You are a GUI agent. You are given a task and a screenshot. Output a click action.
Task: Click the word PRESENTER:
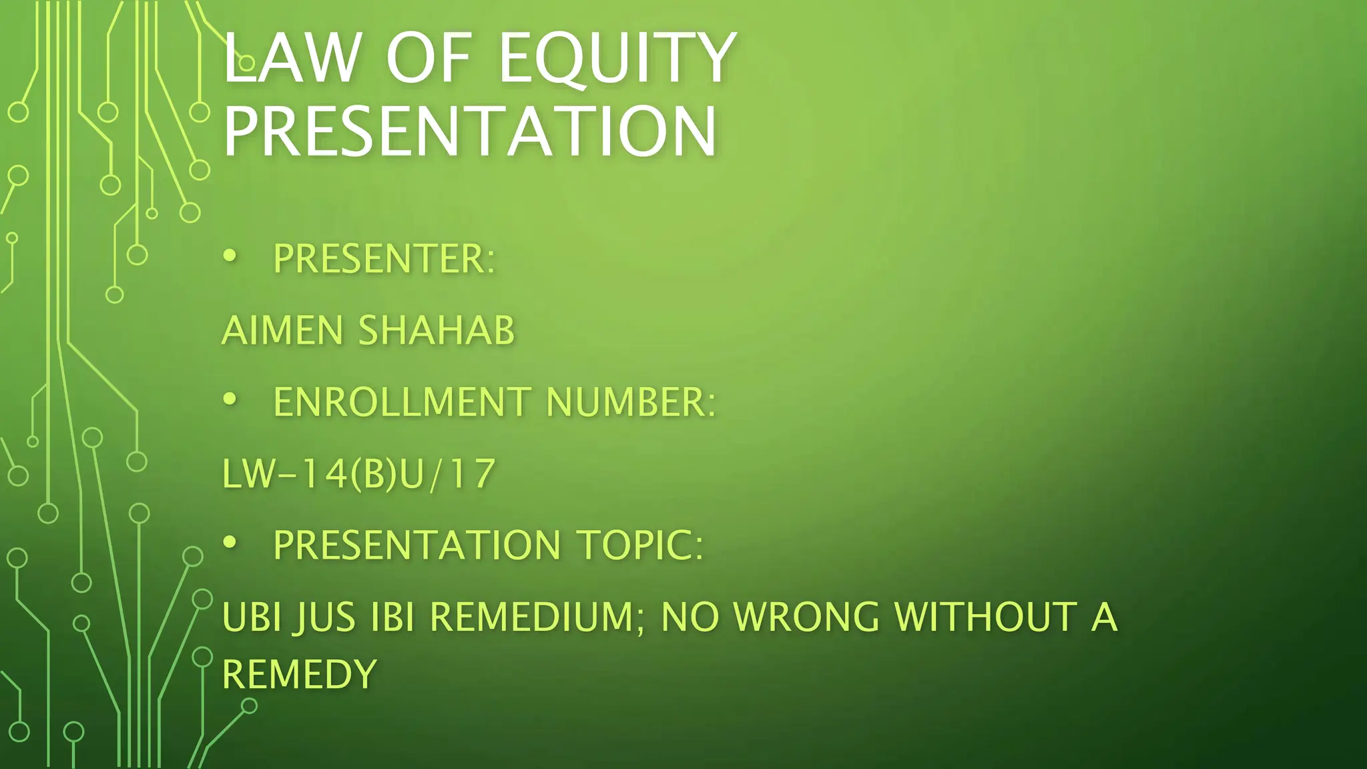tap(384, 259)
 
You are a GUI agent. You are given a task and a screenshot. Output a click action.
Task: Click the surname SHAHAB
tap(437, 330)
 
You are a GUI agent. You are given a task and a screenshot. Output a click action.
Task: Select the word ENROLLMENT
tap(402, 403)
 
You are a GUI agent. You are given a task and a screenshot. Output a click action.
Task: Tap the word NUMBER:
tap(631, 403)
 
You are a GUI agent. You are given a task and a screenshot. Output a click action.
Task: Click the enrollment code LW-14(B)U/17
tap(358, 474)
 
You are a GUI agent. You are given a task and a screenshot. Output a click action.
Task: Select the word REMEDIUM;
tap(537, 617)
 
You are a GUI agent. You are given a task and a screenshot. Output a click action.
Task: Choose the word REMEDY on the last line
tap(300, 674)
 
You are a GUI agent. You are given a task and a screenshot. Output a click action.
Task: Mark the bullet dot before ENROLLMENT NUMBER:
tap(230, 399)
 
